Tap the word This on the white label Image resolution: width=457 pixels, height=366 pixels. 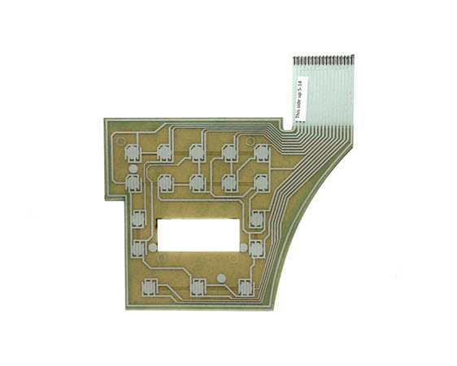[x=298, y=113]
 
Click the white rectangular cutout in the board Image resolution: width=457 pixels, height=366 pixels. [x=198, y=235]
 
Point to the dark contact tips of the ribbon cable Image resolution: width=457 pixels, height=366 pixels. [x=324, y=60]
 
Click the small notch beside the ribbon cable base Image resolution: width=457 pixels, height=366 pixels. [x=286, y=126]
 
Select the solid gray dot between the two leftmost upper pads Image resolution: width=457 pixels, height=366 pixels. [x=133, y=169]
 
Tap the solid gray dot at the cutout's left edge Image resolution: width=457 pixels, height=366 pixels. [x=153, y=248]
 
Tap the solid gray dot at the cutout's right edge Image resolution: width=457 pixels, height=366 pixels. [x=244, y=248]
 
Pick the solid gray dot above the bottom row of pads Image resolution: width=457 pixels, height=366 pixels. [x=221, y=278]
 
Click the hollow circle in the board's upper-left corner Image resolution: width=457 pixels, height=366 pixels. [x=120, y=142]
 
